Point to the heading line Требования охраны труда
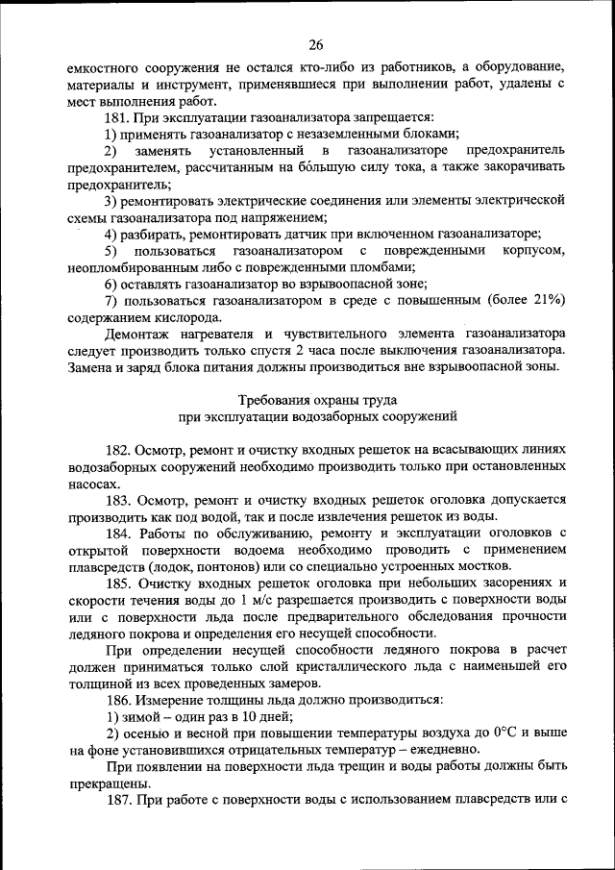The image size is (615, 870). click(316, 399)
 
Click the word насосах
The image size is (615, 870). click(94, 485)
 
